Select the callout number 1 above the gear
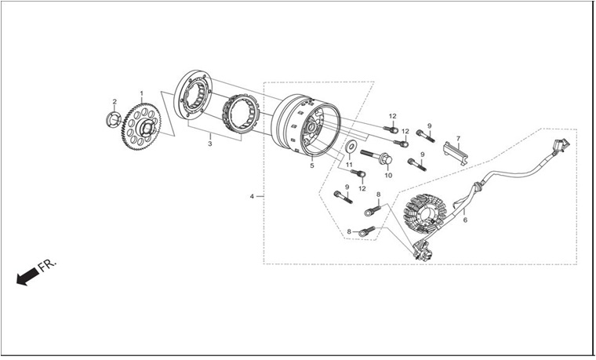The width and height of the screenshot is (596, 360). [142, 93]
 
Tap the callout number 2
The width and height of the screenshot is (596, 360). [114, 101]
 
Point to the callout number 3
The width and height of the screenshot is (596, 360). [210, 144]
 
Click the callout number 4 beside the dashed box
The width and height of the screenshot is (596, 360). [252, 196]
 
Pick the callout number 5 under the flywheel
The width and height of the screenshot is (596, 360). [312, 165]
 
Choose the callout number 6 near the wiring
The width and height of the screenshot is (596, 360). [465, 220]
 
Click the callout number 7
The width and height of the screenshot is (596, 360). [459, 138]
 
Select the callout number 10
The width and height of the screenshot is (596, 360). [388, 175]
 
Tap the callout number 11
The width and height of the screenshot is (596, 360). [349, 165]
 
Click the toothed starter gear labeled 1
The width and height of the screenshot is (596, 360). [142, 126]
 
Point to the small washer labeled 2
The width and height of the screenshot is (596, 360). [113, 120]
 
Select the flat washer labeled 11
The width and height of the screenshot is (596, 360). [351, 147]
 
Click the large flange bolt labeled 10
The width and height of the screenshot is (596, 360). [376, 157]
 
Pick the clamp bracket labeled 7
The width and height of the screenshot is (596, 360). [456, 153]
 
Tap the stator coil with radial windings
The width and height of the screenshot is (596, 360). [424, 215]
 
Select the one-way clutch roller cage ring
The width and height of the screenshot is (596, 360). [241, 114]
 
